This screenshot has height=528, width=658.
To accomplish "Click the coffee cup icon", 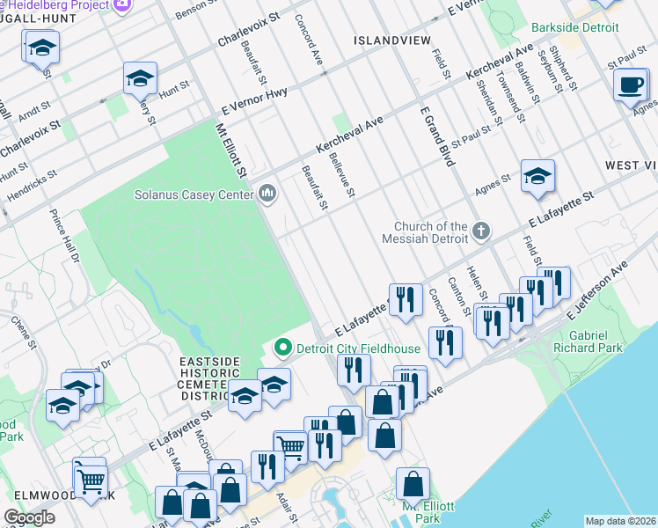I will coord(631,85).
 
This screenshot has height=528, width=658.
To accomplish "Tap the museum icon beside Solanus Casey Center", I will coord(267,194).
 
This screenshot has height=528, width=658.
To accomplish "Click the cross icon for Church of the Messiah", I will coord(480,231).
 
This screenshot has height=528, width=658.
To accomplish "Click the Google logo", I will coord(30,517).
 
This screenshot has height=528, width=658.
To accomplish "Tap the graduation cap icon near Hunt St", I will coord(140,80).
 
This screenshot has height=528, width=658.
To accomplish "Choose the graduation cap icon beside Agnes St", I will coord(537,176).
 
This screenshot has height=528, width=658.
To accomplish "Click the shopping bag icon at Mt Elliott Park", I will coord(413,485).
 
